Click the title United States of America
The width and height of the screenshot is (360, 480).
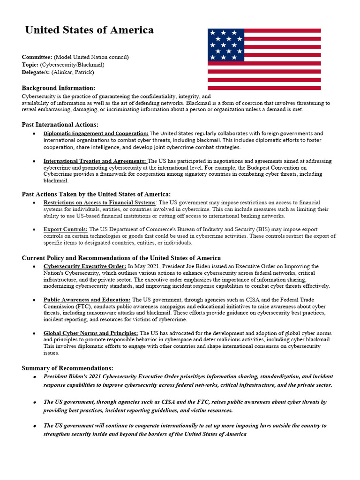click(89, 30)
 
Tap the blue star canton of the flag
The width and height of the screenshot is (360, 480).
click(226, 45)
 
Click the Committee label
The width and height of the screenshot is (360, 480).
click(37, 57)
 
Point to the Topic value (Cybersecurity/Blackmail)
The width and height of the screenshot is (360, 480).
click(72, 65)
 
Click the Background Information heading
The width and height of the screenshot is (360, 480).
click(59, 88)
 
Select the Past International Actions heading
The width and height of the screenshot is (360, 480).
click(60, 125)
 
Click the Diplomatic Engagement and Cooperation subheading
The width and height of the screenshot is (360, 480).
click(96, 134)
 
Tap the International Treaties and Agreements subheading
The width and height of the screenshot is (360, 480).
click(95, 161)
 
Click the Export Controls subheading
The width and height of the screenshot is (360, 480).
click(65, 230)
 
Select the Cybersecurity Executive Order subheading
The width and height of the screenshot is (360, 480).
click(85, 266)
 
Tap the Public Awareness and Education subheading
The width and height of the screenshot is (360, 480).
click(87, 300)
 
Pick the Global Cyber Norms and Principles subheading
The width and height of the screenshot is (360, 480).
click(90, 333)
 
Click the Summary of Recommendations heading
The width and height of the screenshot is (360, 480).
click(67, 368)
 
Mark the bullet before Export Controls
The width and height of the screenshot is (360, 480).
click(35, 230)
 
